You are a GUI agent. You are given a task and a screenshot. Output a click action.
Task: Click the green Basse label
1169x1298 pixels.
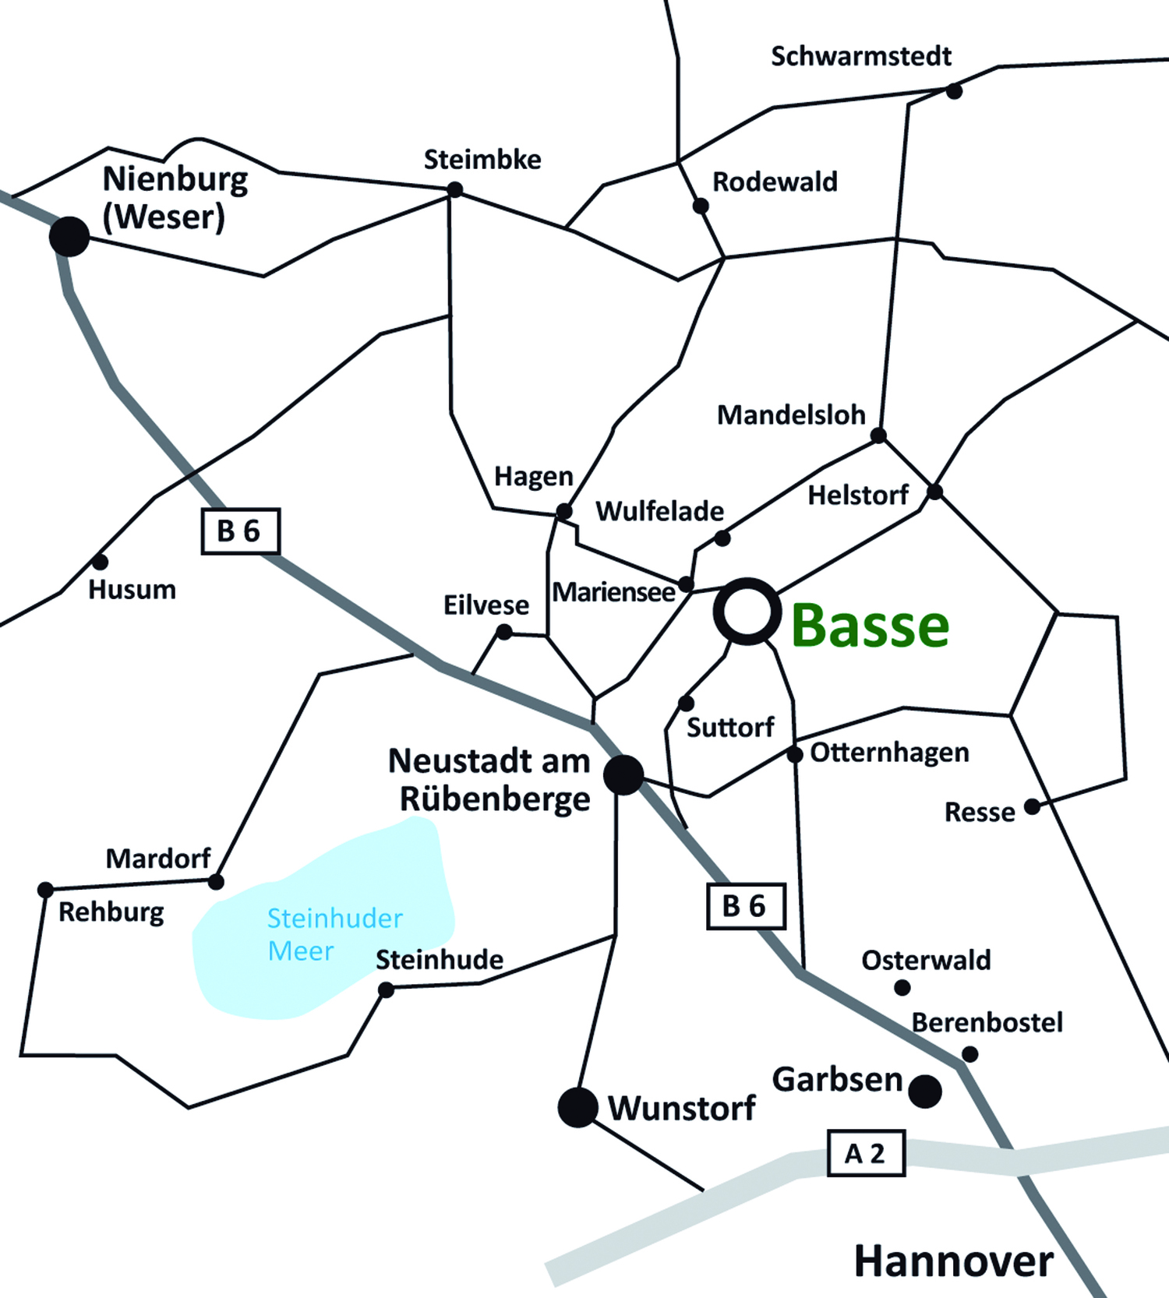pyautogui.click(x=870, y=626)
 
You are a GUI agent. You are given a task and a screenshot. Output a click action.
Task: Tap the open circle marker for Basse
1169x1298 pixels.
pyautogui.click(x=747, y=612)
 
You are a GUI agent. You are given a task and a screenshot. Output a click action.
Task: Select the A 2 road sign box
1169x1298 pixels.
pyautogui.click(x=865, y=1153)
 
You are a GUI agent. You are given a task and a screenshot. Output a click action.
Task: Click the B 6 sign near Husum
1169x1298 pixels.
pyautogui.click(x=240, y=531)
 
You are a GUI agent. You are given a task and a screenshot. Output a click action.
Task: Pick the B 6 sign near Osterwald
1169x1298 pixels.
pyautogui.click(x=745, y=906)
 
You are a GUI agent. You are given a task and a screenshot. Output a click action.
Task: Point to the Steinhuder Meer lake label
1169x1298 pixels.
pyautogui.click(x=334, y=934)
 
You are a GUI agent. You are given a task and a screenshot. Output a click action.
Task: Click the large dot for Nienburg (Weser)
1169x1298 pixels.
pyautogui.click(x=69, y=236)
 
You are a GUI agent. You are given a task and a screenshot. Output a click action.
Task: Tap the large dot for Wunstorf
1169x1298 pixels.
pyautogui.click(x=577, y=1107)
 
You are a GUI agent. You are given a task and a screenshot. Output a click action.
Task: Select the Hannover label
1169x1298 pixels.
pyautogui.click(x=953, y=1261)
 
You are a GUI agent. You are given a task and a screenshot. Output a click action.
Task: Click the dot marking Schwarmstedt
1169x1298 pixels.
pyautogui.click(x=954, y=91)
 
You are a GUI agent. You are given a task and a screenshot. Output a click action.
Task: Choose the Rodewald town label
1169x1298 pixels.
pyautogui.click(x=775, y=182)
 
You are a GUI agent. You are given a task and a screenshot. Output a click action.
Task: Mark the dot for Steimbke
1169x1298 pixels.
pyautogui.click(x=454, y=189)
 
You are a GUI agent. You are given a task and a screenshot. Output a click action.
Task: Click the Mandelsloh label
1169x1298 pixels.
pyautogui.click(x=791, y=415)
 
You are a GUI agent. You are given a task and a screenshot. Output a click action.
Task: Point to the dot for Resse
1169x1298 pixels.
pyautogui.click(x=1032, y=806)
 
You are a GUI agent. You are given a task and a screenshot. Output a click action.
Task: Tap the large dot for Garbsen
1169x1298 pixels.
pyautogui.click(x=925, y=1091)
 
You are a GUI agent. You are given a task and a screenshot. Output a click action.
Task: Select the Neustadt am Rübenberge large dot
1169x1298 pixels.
pyautogui.click(x=624, y=774)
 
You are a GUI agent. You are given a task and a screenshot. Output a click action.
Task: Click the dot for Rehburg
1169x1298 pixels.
pyautogui.click(x=45, y=889)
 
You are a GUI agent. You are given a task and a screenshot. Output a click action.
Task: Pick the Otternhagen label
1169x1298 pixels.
pyautogui.click(x=889, y=753)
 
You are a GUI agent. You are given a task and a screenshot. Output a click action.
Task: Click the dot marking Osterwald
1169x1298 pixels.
pyautogui.click(x=902, y=988)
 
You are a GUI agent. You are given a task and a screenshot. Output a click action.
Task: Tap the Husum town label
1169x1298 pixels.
pyautogui.click(x=132, y=590)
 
